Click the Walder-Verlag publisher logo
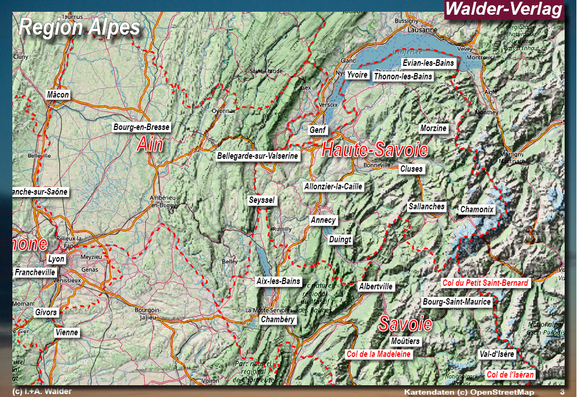(x=504, y=9)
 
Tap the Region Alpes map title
(x=79, y=27)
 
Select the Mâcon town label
(x=58, y=95)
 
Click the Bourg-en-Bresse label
(x=142, y=127)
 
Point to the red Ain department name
(x=150, y=144)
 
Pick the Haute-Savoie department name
(x=375, y=150)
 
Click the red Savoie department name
(x=405, y=323)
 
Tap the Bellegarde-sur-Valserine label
(x=258, y=156)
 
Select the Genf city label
(x=318, y=130)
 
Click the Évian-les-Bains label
(x=429, y=63)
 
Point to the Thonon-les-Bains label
(x=403, y=76)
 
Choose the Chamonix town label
(x=477, y=209)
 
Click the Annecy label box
(x=323, y=221)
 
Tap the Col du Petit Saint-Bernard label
(x=486, y=283)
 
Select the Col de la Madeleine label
(x=379, y=354)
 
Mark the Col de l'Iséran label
(x=511, y=375)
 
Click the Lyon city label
(x=56, y=259)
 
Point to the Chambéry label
(x=278, y=319)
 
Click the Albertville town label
(x=376, y=287)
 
